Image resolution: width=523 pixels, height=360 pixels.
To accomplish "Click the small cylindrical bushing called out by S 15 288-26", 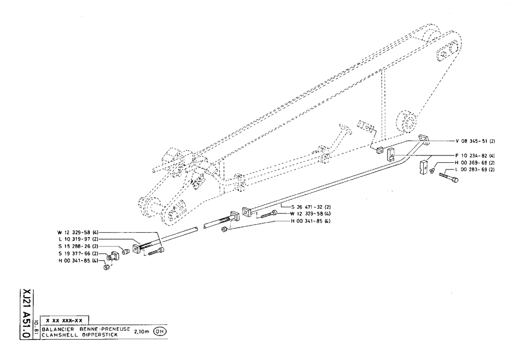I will click(x=126, y=252).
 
